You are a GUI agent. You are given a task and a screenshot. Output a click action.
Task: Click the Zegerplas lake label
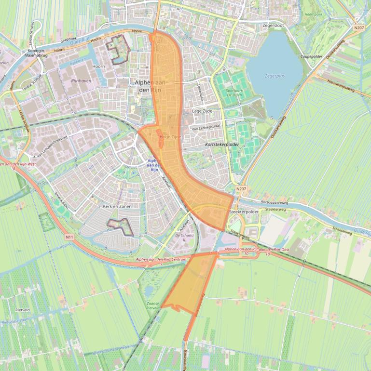275,76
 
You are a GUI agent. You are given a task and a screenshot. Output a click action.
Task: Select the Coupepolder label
312,56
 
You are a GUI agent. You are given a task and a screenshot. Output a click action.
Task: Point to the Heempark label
314,14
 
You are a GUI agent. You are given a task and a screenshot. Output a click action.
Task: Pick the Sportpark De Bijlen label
234,93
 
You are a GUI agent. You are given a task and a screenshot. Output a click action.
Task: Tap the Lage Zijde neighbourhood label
203,111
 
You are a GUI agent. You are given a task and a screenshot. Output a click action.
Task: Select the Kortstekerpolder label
222,144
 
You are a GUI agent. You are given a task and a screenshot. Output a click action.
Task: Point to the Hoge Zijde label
170,137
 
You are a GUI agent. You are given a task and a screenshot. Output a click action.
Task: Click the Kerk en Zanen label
117,206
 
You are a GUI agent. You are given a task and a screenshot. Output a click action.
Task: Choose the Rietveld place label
23,310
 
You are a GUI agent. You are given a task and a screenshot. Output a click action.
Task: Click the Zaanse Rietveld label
153,305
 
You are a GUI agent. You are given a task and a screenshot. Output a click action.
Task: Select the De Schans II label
184,237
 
